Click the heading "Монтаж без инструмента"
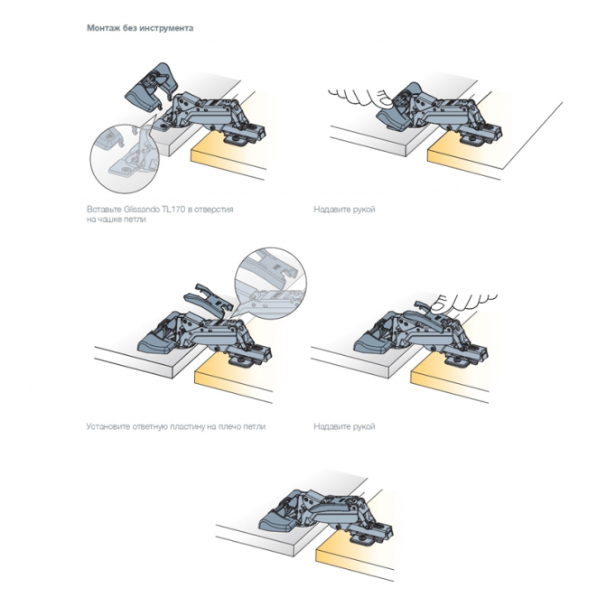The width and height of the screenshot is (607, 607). point(140,28)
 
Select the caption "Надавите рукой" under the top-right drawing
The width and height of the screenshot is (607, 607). point(344,210)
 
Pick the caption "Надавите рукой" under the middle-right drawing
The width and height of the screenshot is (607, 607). point(344,426)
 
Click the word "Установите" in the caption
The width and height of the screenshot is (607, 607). point(108,426)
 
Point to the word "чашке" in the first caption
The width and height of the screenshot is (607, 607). point(107,219)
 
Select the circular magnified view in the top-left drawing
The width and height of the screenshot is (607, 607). point(124,158)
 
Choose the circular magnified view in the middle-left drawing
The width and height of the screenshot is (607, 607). point(271,283)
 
